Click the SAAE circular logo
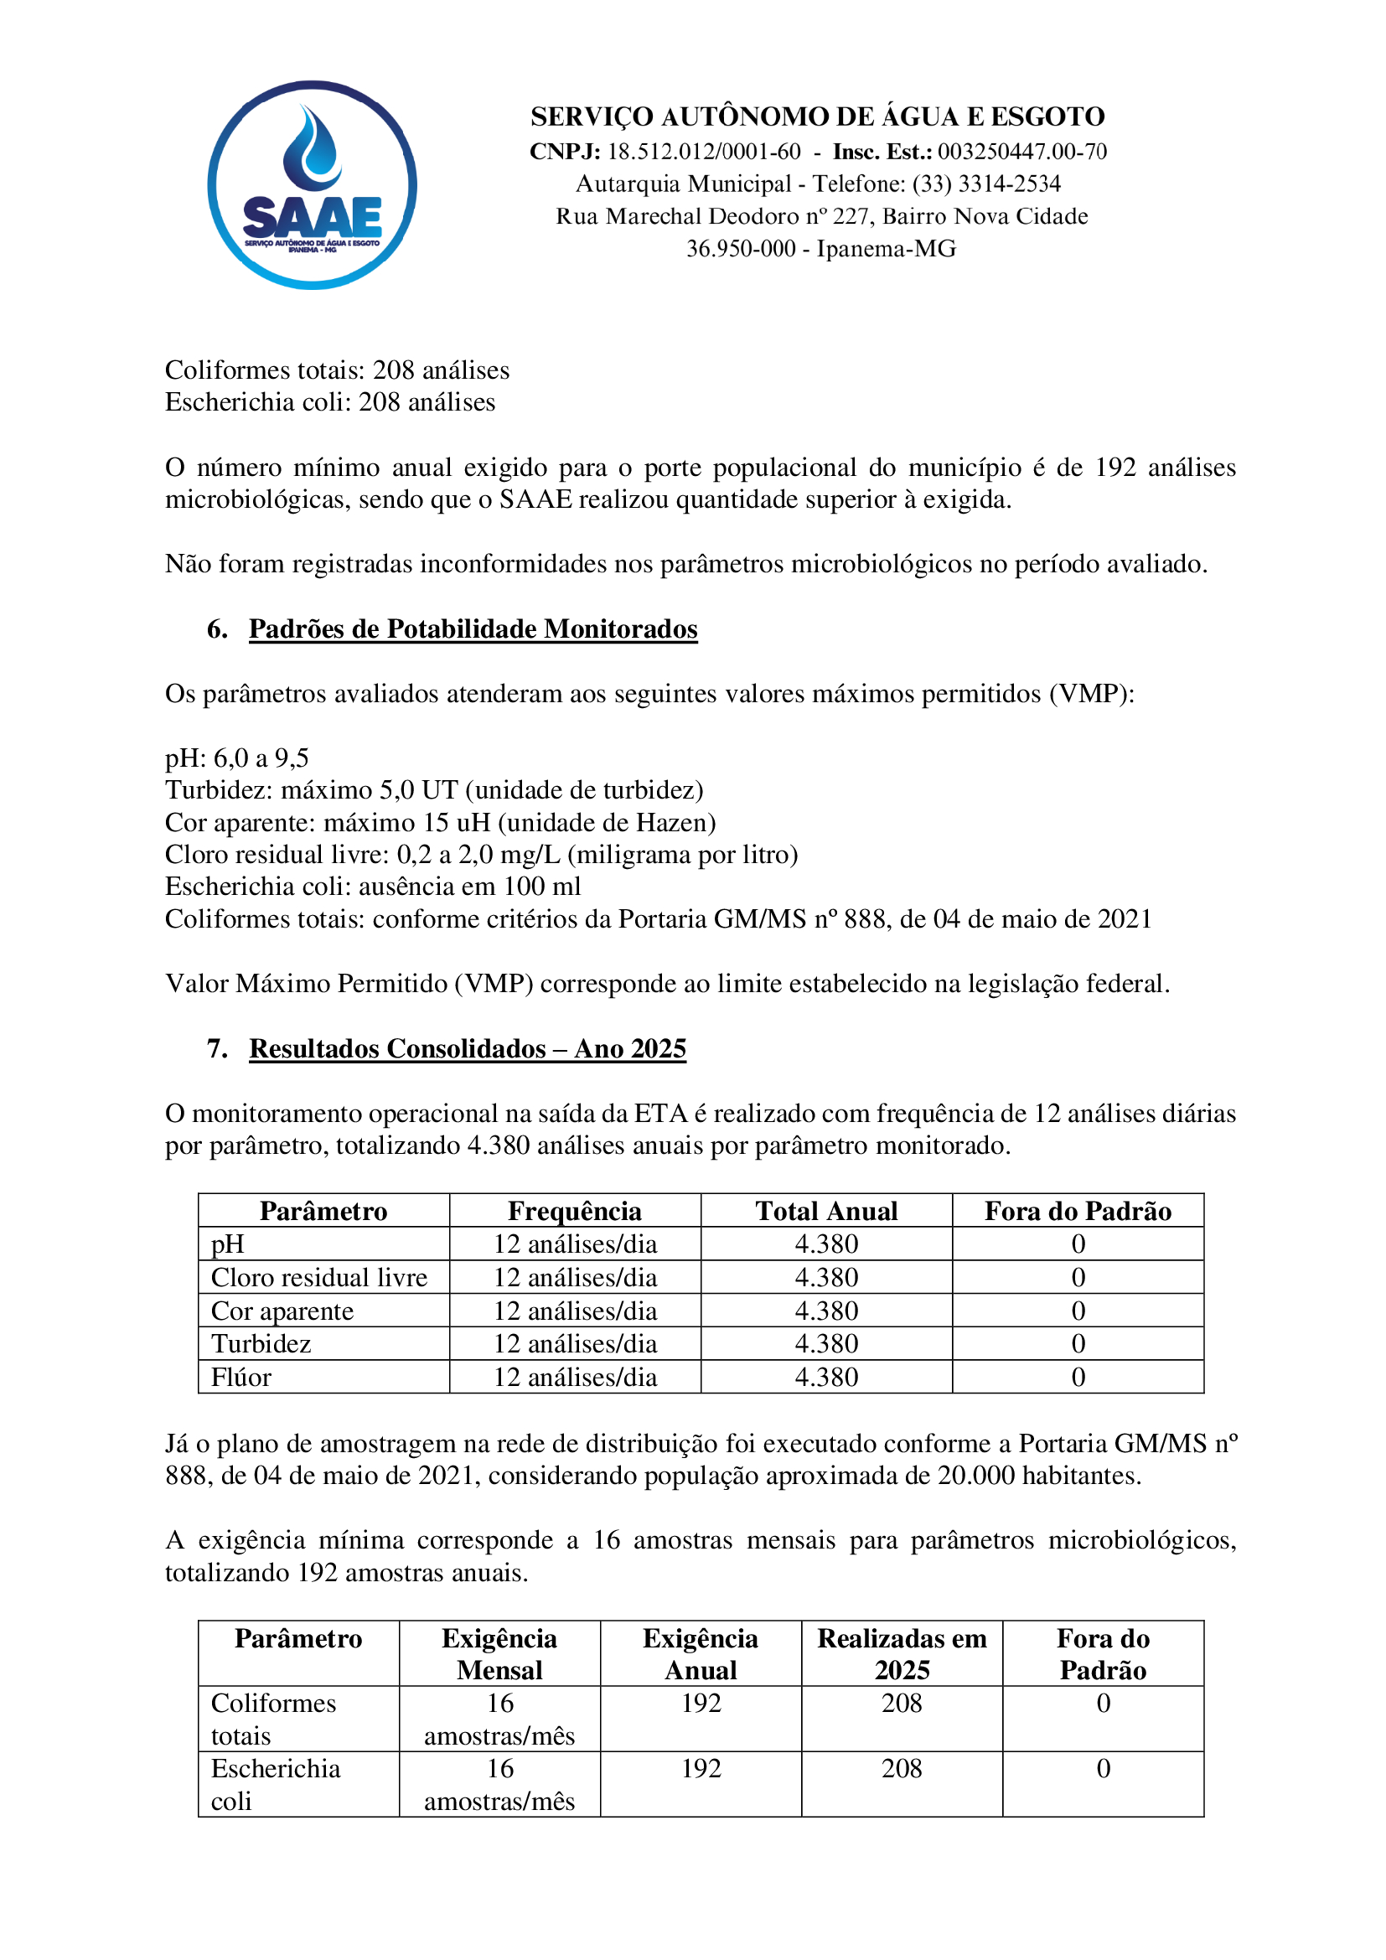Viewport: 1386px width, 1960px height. pos(312,185)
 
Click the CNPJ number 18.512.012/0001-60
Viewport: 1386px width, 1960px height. pos(703,152)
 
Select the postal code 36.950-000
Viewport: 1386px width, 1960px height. pos(740,248)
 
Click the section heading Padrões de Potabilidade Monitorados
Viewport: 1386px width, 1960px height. pos(473,629)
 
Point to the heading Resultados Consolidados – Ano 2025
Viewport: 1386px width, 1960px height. pos(467,1048)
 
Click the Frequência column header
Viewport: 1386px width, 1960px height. pos(574,1211)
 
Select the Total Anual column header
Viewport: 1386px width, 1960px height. pos(826,1211)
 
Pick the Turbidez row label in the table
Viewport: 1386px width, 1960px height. pos(261,1343)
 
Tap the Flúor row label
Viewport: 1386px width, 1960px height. pos(241,1377)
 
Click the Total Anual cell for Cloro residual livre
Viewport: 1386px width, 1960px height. pos(826,1277)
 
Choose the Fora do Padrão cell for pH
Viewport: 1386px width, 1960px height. pos(1078,1244)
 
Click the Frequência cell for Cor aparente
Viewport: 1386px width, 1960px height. pos(574,1311)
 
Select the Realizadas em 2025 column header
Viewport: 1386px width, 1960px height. pos(902,1653)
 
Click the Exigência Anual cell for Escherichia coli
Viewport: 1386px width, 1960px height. pos(701,1768)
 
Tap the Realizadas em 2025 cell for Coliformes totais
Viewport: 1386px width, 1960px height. pos(902,1703)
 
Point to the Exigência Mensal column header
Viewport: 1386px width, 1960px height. pos(499,1653)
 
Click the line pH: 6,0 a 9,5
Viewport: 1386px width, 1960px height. pos(237,758)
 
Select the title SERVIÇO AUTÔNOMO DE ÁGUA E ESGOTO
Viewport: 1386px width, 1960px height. pos(818,116)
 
